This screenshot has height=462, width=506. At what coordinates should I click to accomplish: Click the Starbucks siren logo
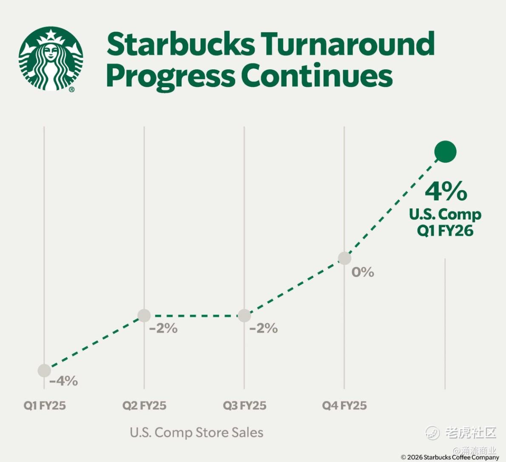51,59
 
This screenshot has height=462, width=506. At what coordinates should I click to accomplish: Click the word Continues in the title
317,76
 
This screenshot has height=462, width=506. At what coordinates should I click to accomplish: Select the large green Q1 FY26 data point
445,152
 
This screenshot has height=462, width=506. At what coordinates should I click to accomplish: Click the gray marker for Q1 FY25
44,371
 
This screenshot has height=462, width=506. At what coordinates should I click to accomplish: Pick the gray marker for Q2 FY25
144,315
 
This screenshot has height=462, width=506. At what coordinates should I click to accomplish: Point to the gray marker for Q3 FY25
244,315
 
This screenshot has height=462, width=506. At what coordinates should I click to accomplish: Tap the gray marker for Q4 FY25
345,258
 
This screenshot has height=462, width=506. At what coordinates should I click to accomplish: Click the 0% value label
363,272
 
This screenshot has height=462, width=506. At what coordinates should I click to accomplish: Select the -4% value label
64,381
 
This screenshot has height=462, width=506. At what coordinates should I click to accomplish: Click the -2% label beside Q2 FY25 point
163,328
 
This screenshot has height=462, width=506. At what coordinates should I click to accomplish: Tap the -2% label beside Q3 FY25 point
264,328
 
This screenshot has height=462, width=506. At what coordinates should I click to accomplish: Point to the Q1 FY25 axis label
45,405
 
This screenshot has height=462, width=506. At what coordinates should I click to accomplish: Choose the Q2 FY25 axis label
144,405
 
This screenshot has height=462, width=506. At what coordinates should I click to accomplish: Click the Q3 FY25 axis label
244,405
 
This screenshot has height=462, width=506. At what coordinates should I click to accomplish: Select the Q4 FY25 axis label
344,405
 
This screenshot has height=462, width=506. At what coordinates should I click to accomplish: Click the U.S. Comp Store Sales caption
196,433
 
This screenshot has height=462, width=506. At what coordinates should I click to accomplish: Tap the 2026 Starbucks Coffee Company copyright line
450,457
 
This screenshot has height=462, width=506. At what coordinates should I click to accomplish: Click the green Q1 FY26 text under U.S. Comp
445,231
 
